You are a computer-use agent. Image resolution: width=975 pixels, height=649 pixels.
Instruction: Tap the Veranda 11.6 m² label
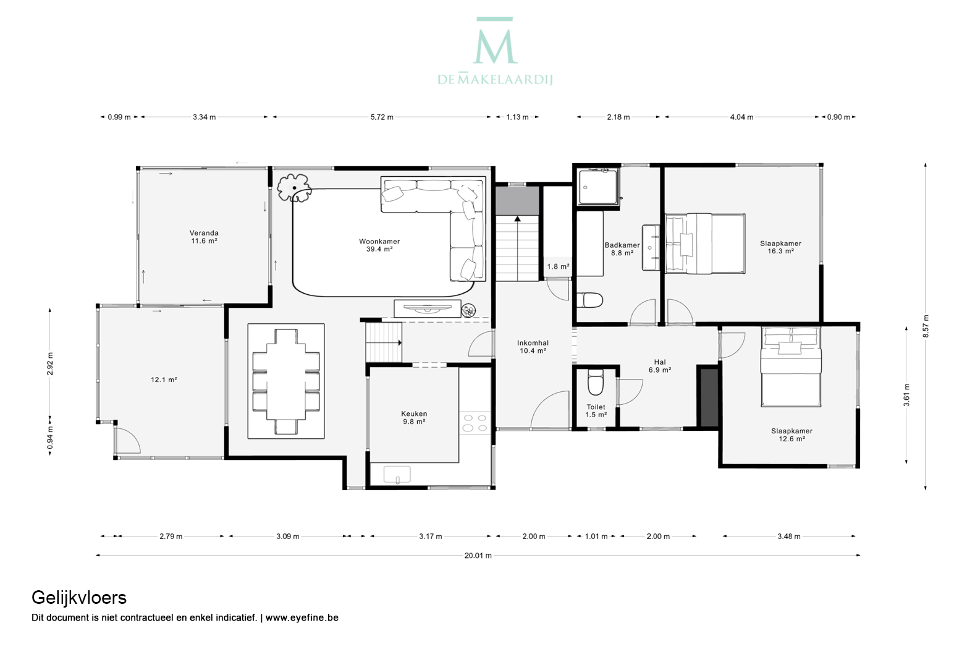click(204, 237)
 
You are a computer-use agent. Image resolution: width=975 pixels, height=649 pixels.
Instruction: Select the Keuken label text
click(414, 414)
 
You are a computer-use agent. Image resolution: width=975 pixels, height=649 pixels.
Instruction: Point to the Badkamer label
click(622, 245)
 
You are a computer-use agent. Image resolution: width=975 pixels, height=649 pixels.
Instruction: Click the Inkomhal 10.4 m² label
click(533, 347)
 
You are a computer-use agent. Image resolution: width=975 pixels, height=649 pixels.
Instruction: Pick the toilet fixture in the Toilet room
click(596, 382)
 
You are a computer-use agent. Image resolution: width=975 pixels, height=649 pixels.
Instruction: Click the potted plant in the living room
click(294, 188)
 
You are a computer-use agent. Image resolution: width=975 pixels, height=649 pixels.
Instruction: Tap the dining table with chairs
click(286, 381)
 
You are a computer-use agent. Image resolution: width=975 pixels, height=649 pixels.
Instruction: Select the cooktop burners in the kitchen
click(475, 423)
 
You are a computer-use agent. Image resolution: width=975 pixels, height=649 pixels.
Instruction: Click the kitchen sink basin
click(397, 474)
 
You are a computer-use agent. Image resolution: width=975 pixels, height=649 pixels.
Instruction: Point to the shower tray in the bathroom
click(597, 187)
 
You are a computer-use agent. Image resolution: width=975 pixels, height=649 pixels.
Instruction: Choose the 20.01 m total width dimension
click(478, 555)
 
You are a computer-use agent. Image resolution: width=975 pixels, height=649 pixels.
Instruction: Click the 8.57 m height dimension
click(926, 326)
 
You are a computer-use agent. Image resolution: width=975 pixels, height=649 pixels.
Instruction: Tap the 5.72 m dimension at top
click(382, 117)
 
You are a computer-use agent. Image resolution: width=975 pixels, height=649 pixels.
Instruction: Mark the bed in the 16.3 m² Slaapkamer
click(705, 244)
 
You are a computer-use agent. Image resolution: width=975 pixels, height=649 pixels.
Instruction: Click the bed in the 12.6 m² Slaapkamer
click(791, 367)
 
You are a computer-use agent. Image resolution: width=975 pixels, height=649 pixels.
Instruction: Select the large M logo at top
click(495, 41)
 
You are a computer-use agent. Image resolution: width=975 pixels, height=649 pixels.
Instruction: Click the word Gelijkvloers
click(79, 598)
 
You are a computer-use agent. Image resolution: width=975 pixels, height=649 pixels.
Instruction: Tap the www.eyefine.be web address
click(302, 617)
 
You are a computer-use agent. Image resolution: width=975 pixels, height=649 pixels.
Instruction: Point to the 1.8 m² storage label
click(558, 266)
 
